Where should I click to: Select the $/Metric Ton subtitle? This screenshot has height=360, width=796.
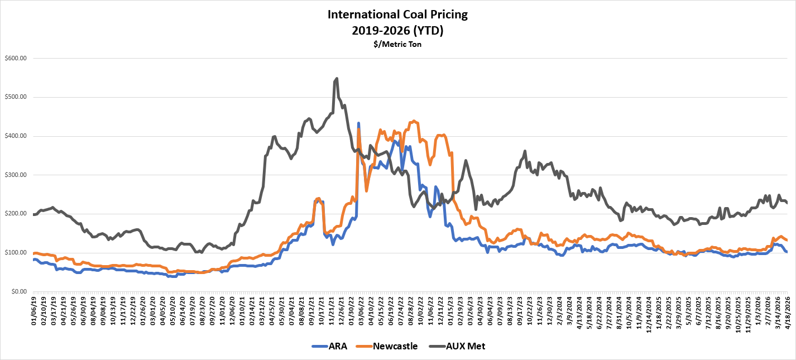(397, 44)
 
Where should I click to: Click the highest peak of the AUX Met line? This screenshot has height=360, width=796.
(337, 78)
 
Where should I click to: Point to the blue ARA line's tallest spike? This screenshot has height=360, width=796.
(358, 123)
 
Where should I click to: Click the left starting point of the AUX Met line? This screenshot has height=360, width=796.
(34, 214)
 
